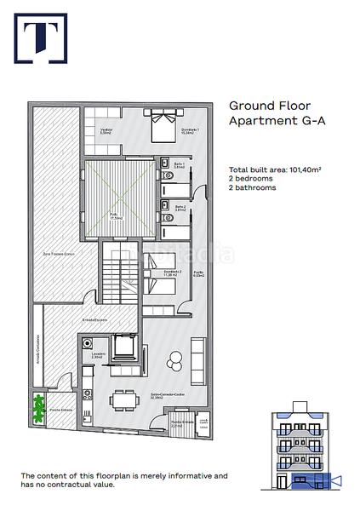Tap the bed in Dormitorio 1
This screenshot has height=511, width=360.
pyautogui.click(x=162, y=130)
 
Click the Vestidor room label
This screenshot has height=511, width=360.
pyautogui.click(x=106, y=130)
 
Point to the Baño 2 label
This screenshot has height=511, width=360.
pyautogui.click(x=180, y=207)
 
